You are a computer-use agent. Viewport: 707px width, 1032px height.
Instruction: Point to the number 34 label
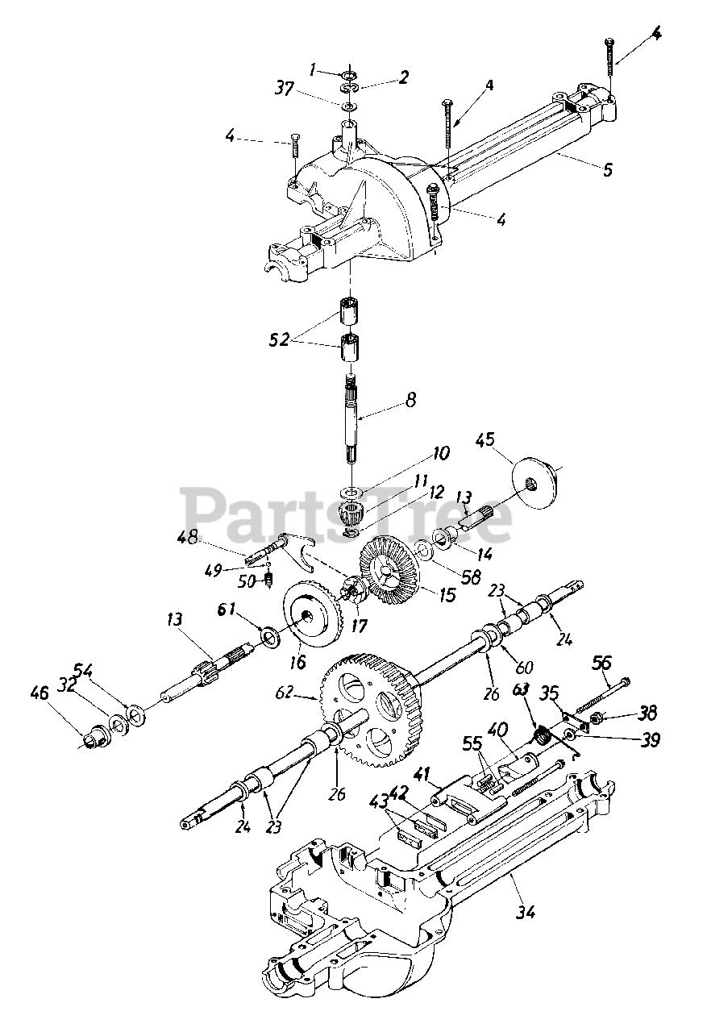[x=526, y=912]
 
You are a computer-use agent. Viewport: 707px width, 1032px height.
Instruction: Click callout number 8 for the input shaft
[x=410, y=398]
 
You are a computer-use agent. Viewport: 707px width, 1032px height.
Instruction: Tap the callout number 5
[x=607, y=169]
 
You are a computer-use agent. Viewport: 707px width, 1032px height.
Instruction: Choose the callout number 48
[x=188, y=535]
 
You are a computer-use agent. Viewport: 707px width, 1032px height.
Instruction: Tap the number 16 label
[x=297, y=662]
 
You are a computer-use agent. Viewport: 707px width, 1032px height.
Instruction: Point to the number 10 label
[x=440, y=454]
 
